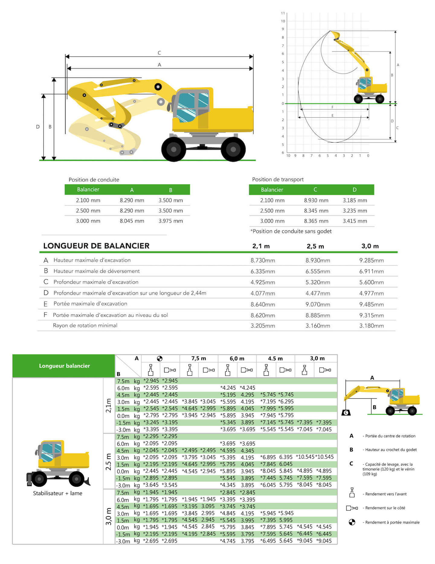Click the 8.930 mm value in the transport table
pyautogui.click(x=316, y=200)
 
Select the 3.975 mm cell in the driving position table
pyautogui.click(x=171, y=221)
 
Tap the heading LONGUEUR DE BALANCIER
pyautogui.click(x=96, y=246)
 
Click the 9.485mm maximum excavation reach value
pyautogui.click(x=371, y=304)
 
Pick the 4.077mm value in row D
pyautogui.click(x=263, y=293)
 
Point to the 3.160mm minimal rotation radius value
pyautogui.click(x=317, y=326)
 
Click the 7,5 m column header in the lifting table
pyautogui.click(x=198, y=358)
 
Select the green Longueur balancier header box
pyautogui.click(x=64, y=366)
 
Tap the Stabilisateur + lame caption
pyautogui.click(x=57, y=493)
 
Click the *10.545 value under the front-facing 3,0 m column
pyautogui.click(x=305, y=457)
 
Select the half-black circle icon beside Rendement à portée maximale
pyautogui.click(x=352, y=522)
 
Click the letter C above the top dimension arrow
pyautogui.click(x=159, y=53)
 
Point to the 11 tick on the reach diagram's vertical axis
pyautogui.click(x=283, y=13)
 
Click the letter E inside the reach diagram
pyautogui.click(x=332, y=115)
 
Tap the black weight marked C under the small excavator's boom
pyautogui.click(x=346, y=412)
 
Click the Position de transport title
pyautogui.click(x=278, y=179)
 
